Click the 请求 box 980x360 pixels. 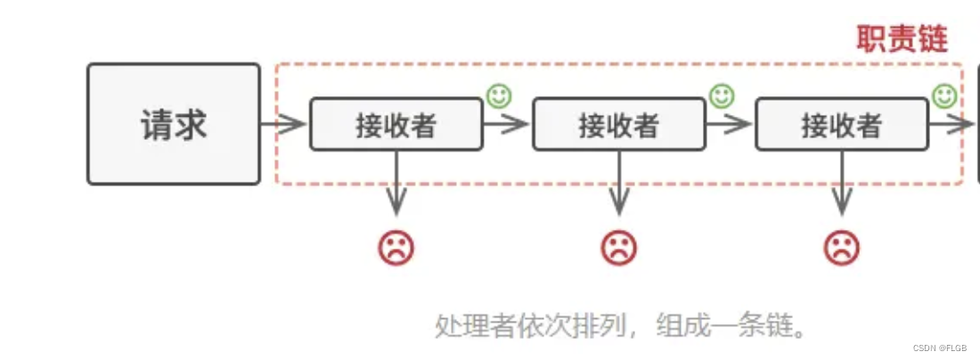click(x=174, y=124)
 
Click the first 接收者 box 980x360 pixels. click(x=396, y=125)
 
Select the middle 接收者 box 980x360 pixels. click(x=619, y=125)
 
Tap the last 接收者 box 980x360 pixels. click(x=842, y=125)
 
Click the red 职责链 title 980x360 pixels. click(x=902, y=39)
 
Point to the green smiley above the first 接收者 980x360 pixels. click(x=499, y=95)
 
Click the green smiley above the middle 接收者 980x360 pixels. click(x=722, y=95)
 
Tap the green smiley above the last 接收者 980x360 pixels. click(x=944, y=95)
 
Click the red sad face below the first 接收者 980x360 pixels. click(x=396, y=248)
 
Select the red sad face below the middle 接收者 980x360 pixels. click(x=619, y=248)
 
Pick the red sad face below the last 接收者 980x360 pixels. click(x=842, y=248)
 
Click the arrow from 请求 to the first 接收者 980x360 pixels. click(x=284, y=125)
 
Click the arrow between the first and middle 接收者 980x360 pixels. click(x=507, y=125)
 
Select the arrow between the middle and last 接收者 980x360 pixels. click(x=730, y=125)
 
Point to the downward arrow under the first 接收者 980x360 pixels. click(x=396, y=184)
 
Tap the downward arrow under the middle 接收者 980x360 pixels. click(x=619, y=184)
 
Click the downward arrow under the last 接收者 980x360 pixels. click(x=842, y=184)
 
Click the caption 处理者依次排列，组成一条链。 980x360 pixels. click(x=621, y=326)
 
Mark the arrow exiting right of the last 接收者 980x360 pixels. click(x=951, y=125)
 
